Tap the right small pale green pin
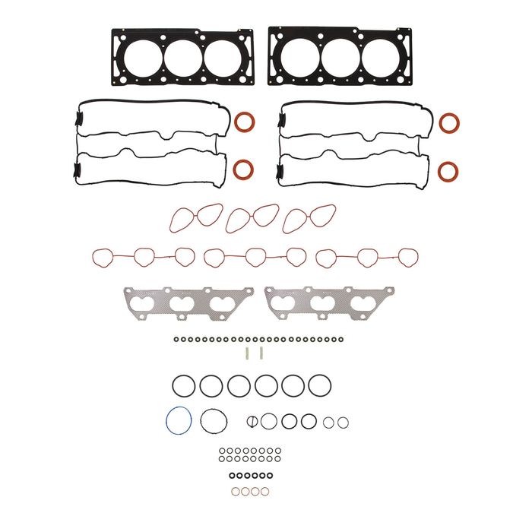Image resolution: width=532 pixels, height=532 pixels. pos(261,353)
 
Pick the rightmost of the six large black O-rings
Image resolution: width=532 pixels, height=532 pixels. pos(319,385)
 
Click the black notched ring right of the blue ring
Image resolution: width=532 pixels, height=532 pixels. pos(213,420)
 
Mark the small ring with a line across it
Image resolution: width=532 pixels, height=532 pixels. pos(252,420)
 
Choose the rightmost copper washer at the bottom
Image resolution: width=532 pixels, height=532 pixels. pos(264,492)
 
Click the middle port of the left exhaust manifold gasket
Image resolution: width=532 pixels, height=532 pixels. pos(180,304)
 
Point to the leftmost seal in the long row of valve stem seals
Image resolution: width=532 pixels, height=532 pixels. pos(176,340)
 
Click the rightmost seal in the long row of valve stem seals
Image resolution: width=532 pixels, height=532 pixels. pos(343,340)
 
